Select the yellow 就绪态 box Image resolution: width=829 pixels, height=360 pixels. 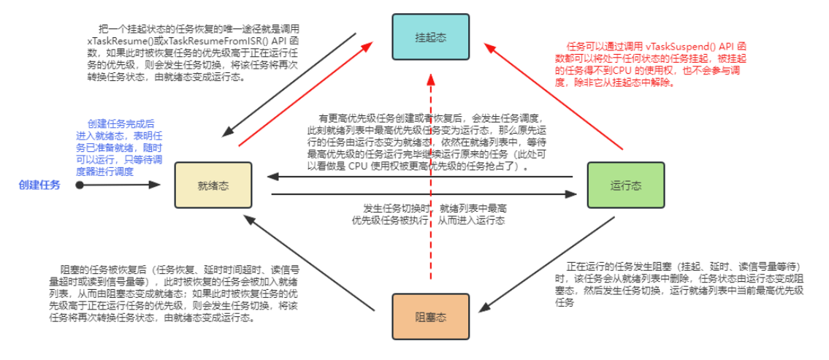pos(213,185)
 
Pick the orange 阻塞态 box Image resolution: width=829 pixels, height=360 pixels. pos(430,317)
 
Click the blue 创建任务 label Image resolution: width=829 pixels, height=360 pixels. pos(40,185)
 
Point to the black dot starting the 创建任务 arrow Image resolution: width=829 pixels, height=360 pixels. pos(79,185)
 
